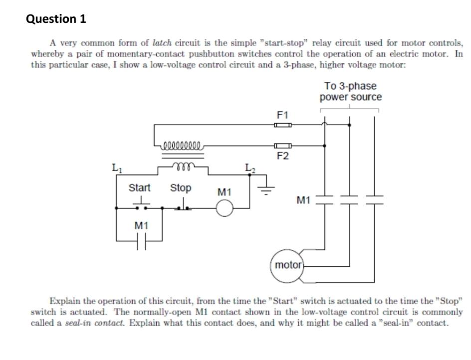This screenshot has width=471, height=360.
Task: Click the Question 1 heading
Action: pos(56,19)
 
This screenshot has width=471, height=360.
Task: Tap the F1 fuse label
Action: pos(282,115)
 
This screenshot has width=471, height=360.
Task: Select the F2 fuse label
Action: pos(282,156)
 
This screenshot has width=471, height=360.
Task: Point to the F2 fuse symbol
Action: pos(282,146)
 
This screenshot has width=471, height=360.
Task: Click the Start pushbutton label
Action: pos(139,188)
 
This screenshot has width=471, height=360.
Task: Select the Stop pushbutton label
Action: pos(181,188)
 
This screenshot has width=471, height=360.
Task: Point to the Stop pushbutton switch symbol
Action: pos(183,205)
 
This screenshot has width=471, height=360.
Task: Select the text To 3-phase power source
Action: pos(350,92)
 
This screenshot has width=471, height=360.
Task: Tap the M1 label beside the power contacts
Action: pos(304,200)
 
